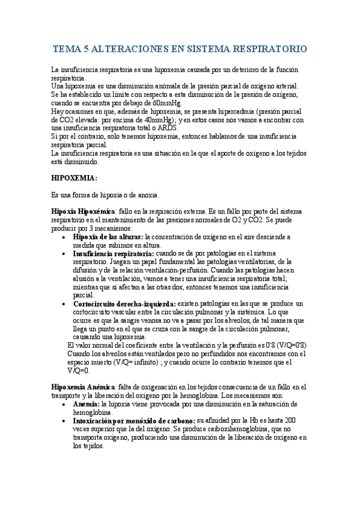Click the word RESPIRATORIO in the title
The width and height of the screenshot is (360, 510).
click(x=270, y=49)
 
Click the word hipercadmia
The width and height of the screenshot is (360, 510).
click(x=228, y=112)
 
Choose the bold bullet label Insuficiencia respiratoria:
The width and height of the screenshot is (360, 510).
click(x=113, y=254)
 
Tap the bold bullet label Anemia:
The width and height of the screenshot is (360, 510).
click(x=87, y=405)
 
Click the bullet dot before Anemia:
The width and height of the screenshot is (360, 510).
click(x=65, y=405)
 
